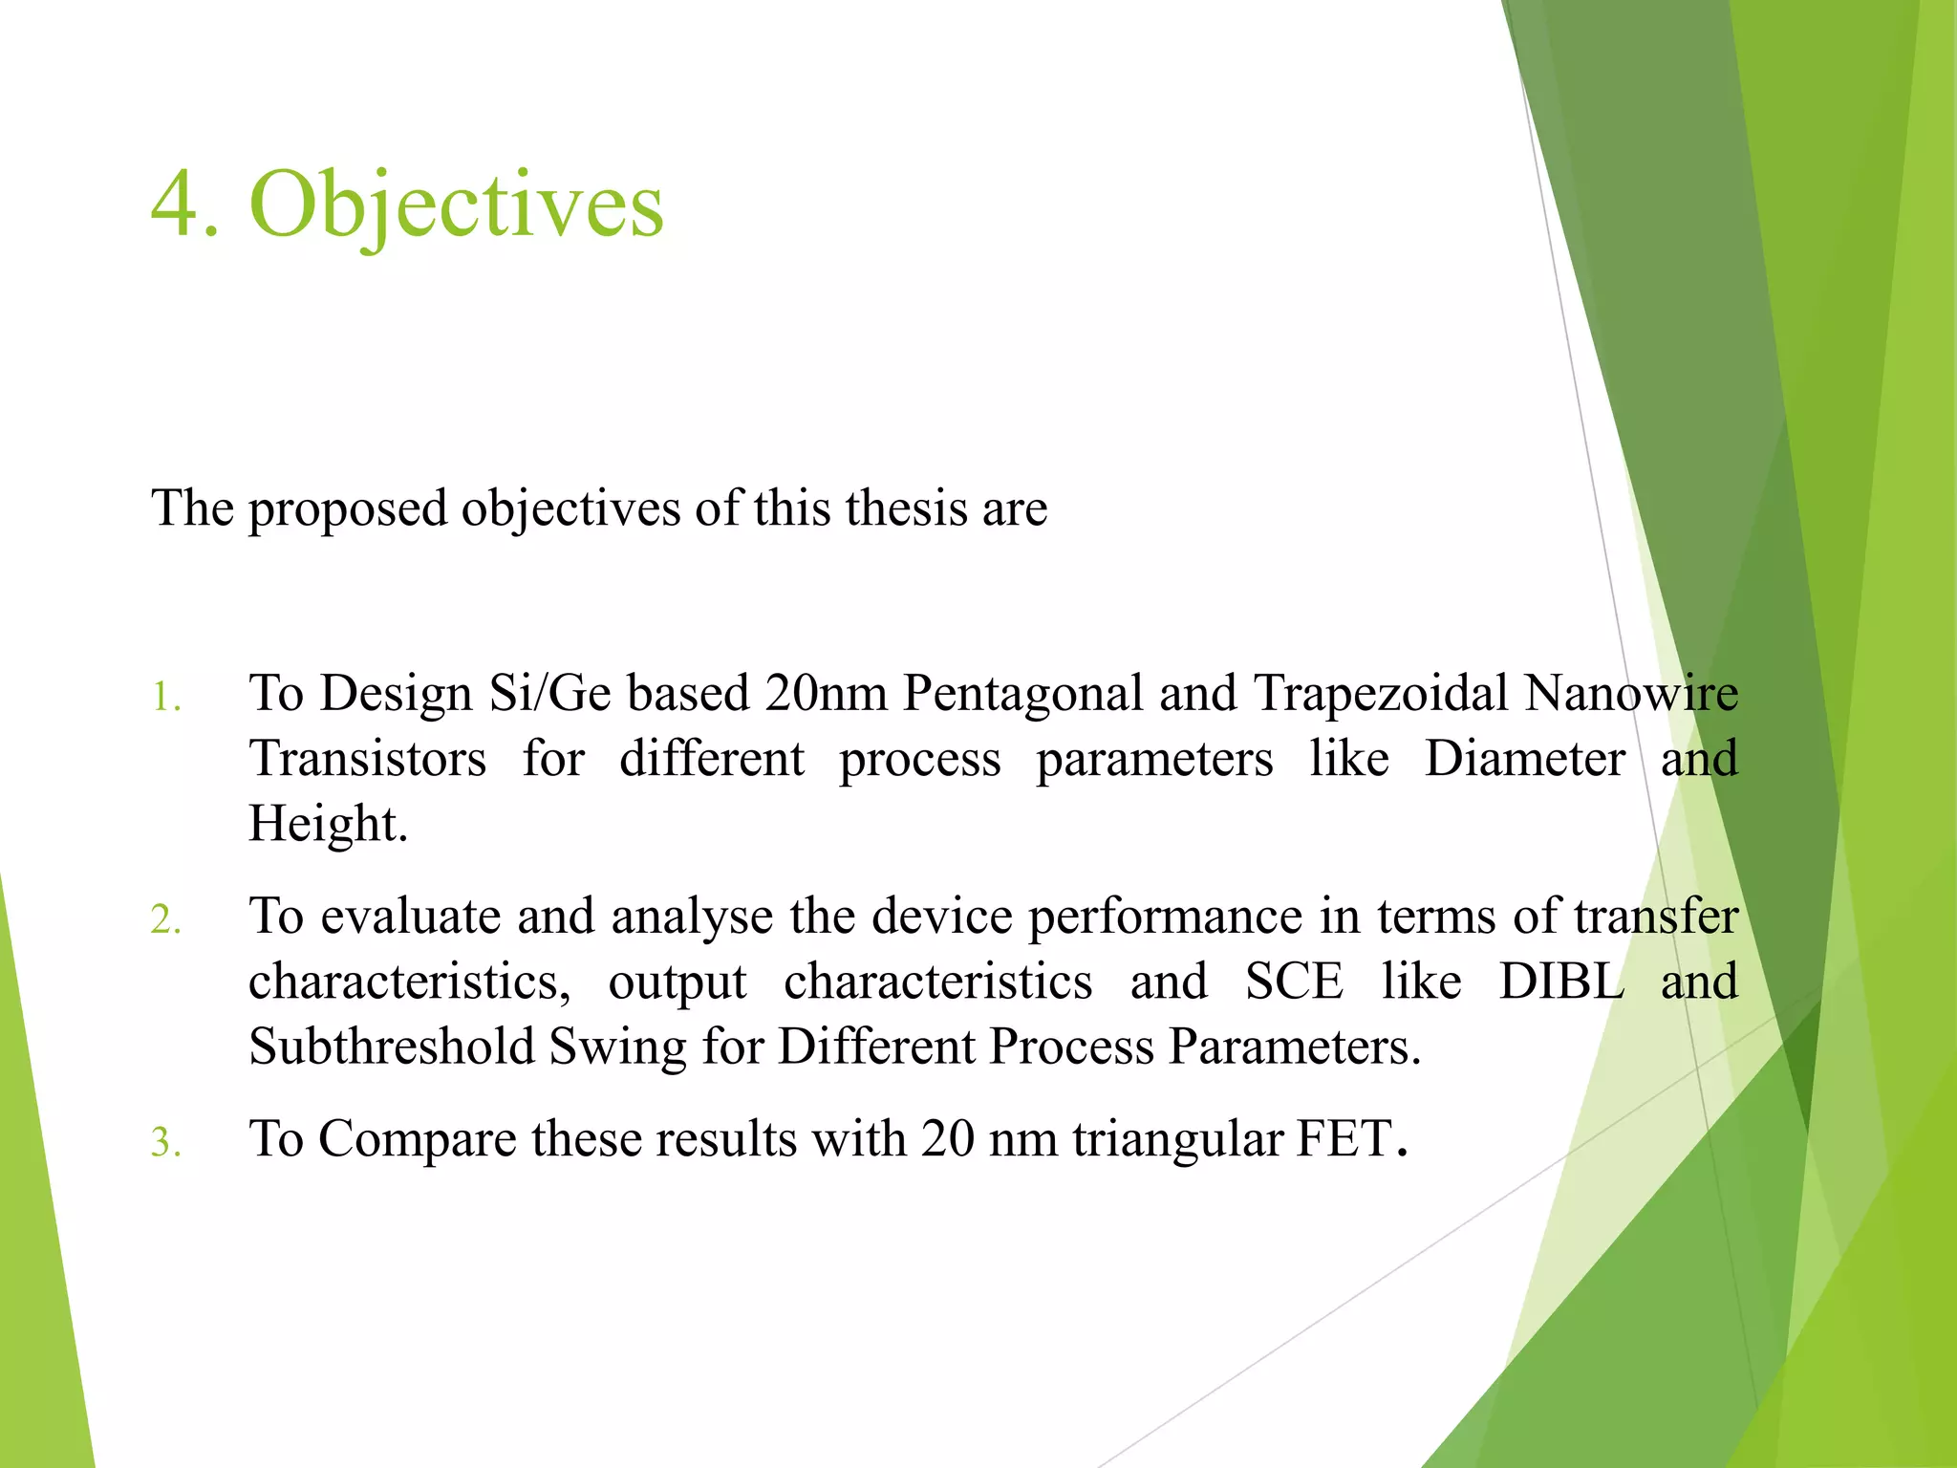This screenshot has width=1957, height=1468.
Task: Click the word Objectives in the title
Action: (x=456, y=205)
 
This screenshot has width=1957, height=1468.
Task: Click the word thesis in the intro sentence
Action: (x=890, y=507)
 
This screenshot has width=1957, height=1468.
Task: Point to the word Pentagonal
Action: (x=1022, y=695)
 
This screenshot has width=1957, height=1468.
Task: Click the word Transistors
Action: (x=368, y=759)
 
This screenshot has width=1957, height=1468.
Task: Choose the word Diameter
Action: (x=1524, y=759)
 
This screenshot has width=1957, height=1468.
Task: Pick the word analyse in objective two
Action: (x=692, y=917)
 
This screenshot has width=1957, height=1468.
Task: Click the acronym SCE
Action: (x=1294, y=982)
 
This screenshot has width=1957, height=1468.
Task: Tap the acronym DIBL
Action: (x=1561, y=982)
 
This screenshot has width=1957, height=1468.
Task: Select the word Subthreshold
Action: (x=392, y=1047)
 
